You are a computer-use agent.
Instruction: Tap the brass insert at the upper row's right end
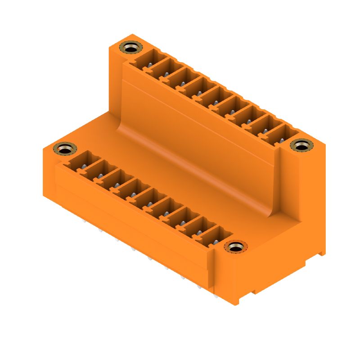[301, 145]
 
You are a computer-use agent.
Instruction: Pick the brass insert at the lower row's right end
[235, 247]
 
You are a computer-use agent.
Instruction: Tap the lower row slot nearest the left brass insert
[82, 163]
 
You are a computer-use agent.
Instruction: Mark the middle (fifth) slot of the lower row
[149, 200]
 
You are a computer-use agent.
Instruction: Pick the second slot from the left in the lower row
[99, 172]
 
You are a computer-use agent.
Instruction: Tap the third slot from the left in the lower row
[116, 181]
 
